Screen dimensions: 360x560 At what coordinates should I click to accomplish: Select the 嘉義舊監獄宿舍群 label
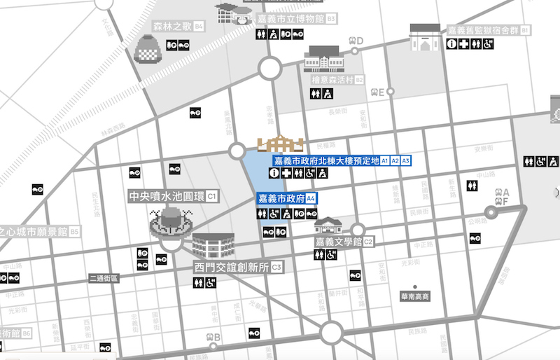click(482, 30)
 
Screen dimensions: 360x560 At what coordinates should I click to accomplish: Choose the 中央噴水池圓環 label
click(166, 196)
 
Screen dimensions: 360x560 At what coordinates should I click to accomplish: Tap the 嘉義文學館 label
click(337, 242)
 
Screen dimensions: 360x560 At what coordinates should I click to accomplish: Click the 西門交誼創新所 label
click(230, 268)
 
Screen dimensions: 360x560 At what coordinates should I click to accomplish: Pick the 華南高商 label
click(415, 296)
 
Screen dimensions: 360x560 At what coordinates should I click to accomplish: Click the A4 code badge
click(311, 198)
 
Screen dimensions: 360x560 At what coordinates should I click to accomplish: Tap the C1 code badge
click(211, 196)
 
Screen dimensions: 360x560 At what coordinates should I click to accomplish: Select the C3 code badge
click(276, 268)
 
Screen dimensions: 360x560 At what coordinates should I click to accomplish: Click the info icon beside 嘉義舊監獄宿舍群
click(453, 44)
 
